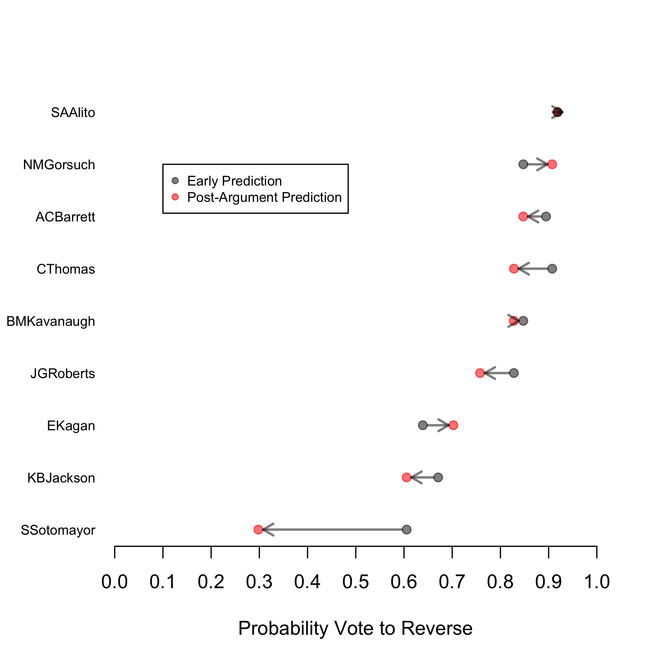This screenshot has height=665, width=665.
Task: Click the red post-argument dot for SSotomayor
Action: coord(258,529)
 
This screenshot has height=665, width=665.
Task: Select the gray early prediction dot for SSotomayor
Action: coord(407,529)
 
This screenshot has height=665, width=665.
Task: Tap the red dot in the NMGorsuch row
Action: coord(552,164)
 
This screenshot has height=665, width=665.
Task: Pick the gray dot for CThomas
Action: coord(552,268)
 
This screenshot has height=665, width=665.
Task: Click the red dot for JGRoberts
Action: coord(480,373)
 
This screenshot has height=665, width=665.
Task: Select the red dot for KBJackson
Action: coord(407,477)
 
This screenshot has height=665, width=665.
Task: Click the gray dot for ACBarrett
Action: coord(546,216)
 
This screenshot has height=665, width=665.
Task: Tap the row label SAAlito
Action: coord(73,113)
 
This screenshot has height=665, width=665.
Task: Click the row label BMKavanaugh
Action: coord(51,321)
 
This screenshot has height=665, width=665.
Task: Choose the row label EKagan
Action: coord(71,426)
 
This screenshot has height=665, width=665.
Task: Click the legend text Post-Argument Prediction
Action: coord(264,197)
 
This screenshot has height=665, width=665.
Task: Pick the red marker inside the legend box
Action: coord(175,197)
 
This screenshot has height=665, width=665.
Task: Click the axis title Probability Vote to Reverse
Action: coord(355,628)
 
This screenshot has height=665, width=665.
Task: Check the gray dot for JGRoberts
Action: coord(514,373)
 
